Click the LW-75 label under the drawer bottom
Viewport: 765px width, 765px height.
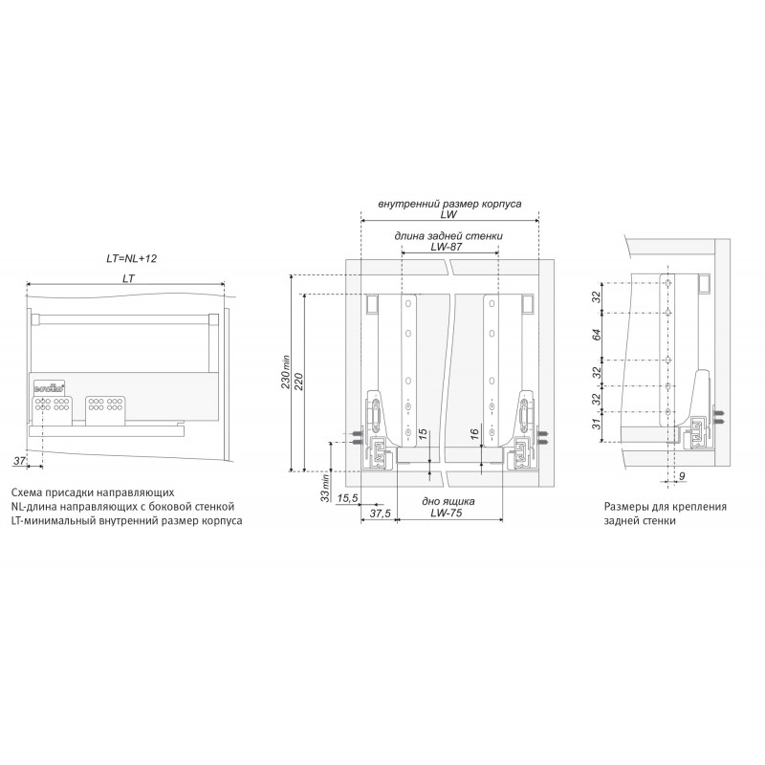click(x=449, y=514)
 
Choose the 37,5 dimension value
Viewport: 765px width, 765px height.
click(x=380, y=514)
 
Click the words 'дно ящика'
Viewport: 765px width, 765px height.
click(x=448, y=500)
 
